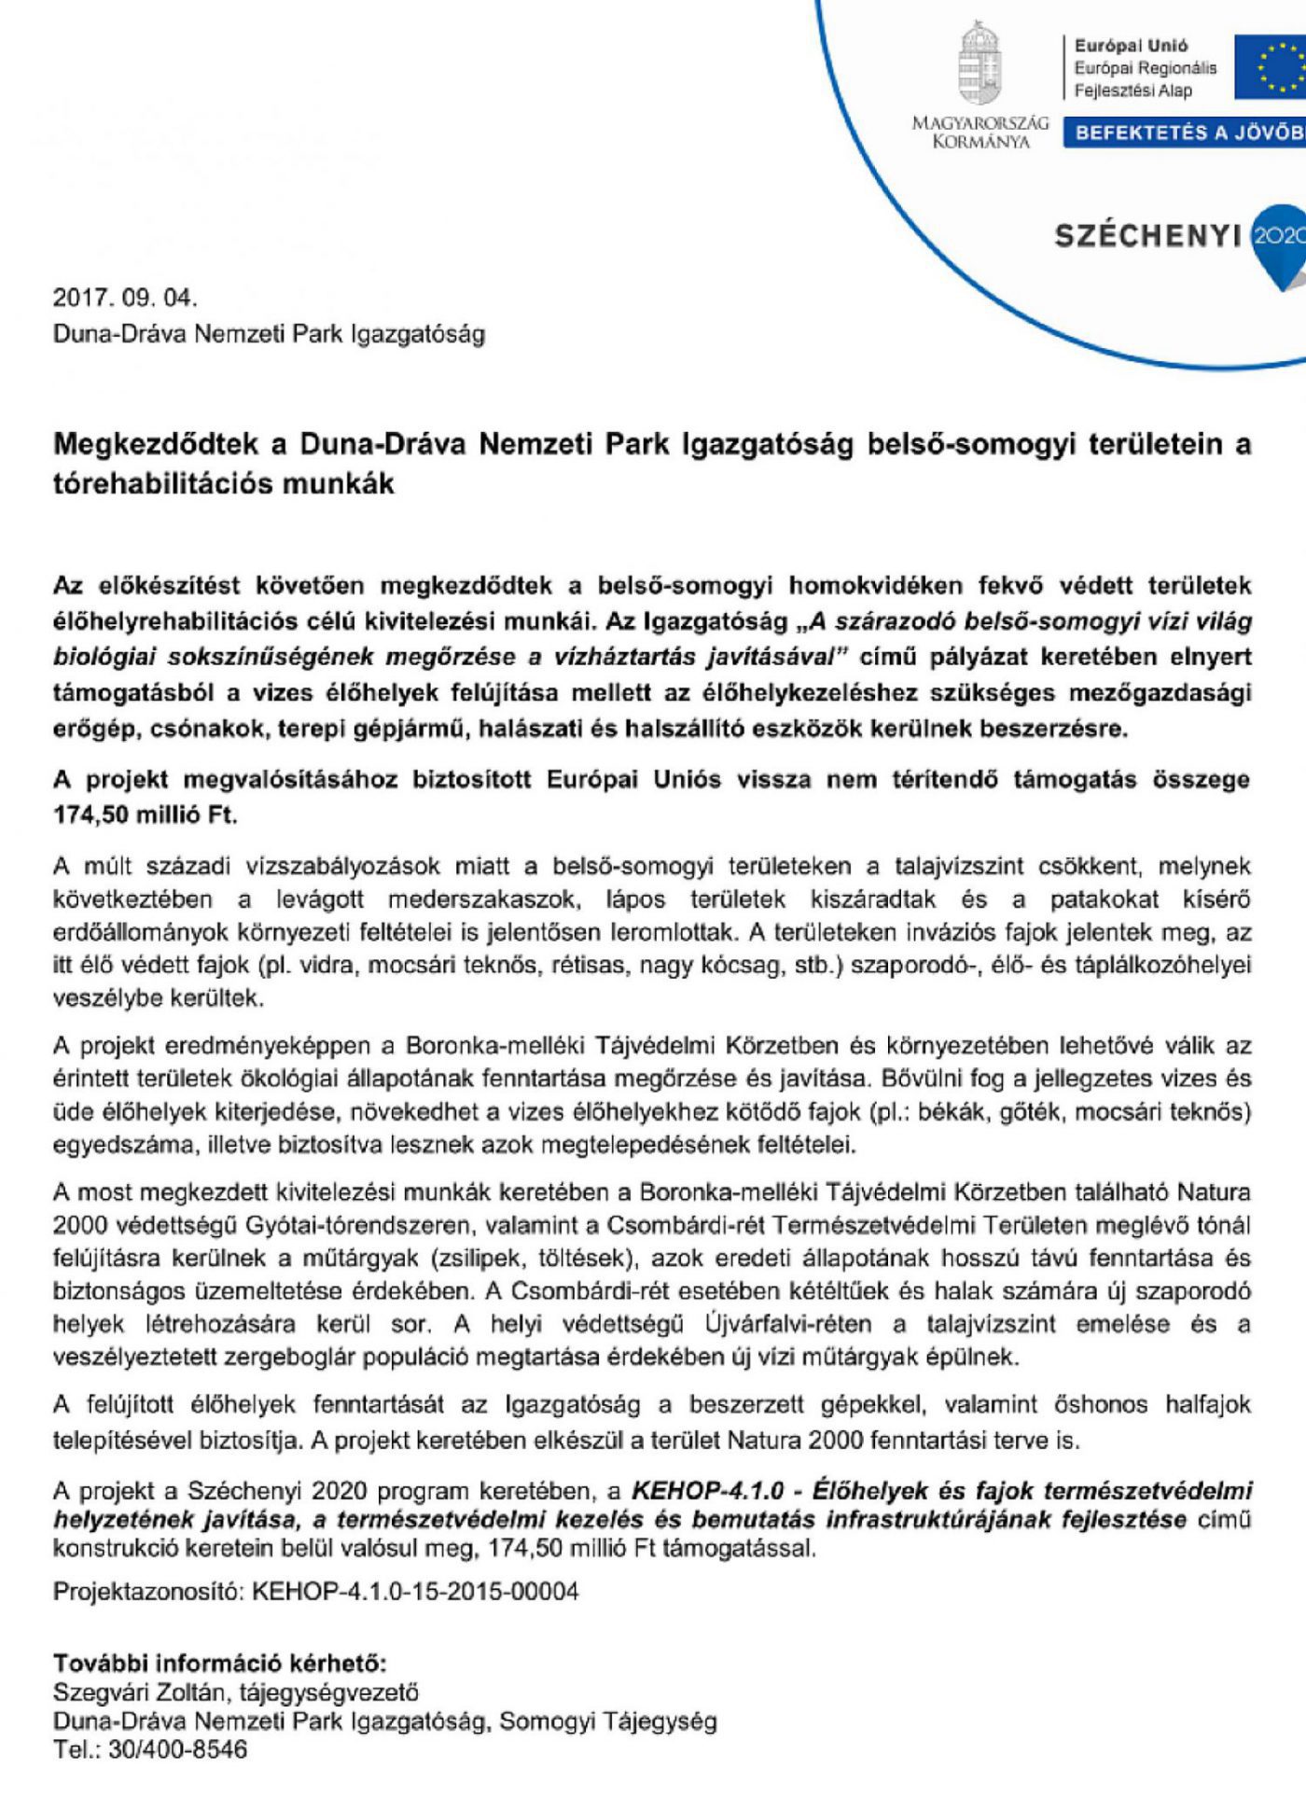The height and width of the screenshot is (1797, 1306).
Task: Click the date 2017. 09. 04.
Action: click(125, 299)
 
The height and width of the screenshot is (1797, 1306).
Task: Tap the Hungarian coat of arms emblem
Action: click(979, 63)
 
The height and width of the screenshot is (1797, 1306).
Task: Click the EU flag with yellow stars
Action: click(1271, 67)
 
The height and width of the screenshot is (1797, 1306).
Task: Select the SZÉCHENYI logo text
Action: click(1148, 237)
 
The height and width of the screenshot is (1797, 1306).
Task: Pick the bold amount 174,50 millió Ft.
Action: click(146, 815)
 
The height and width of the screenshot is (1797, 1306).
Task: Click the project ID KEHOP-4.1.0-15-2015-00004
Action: click(415, 1591)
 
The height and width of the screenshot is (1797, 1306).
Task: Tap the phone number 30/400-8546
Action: click(178, 1749)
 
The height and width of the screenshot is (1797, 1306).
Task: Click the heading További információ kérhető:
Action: click(219, 1663)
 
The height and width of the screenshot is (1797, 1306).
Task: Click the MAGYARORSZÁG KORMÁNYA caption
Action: click(979, 132)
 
